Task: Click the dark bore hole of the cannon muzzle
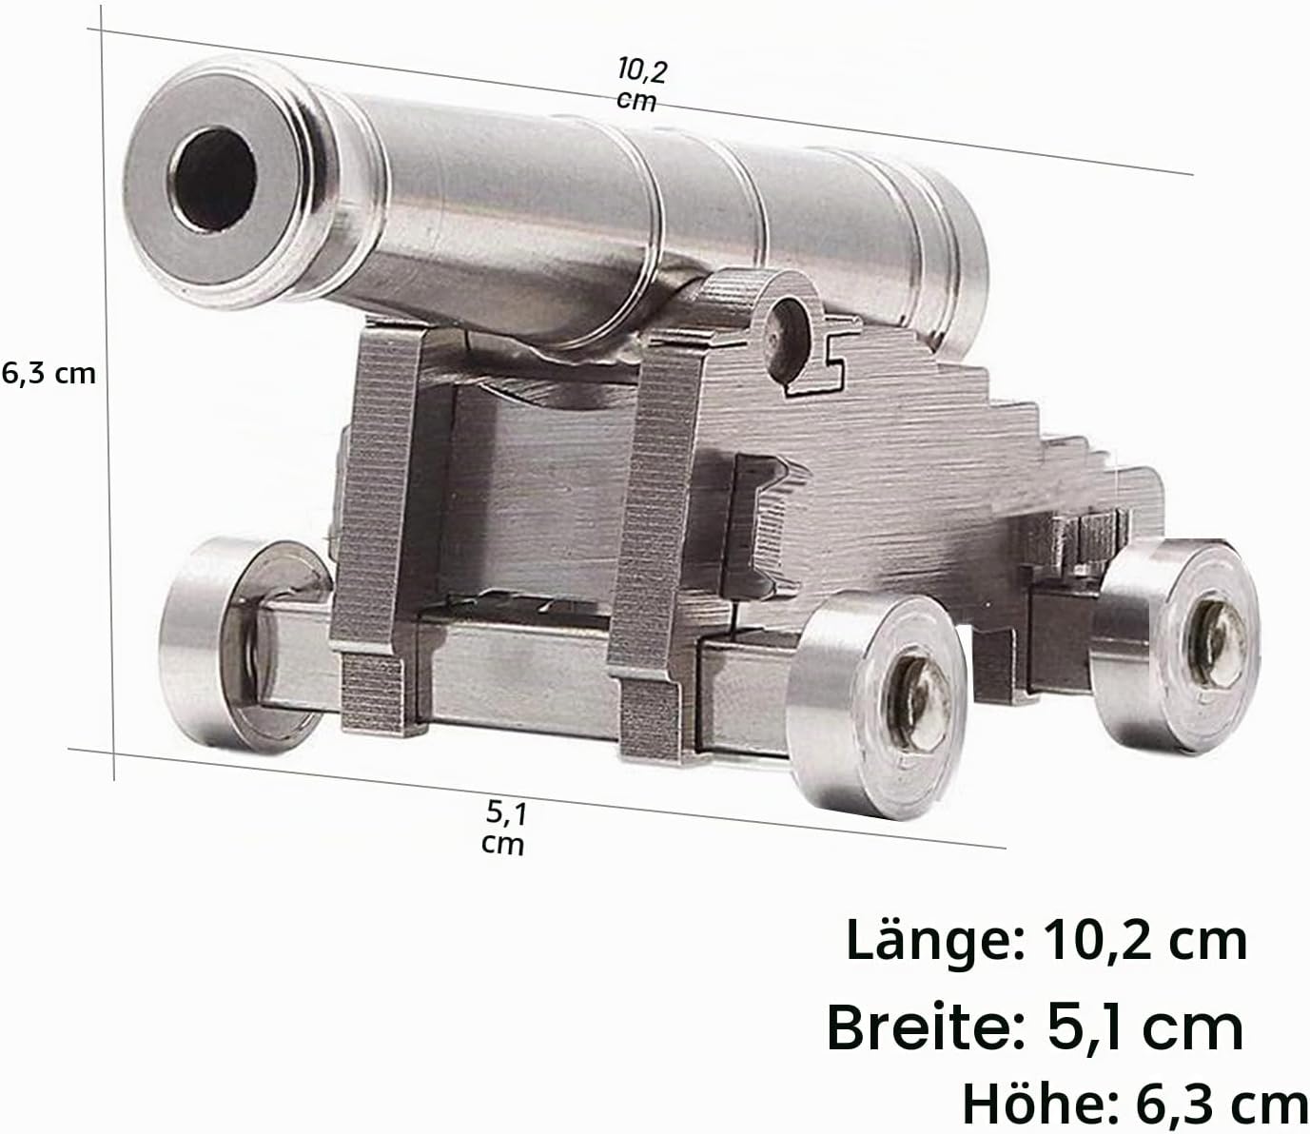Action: [x=214, y=180]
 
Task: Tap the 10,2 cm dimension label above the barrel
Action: [x=640, y=85]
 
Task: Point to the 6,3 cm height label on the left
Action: [x=49, y=374]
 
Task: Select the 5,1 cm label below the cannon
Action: [x=504, y=828]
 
